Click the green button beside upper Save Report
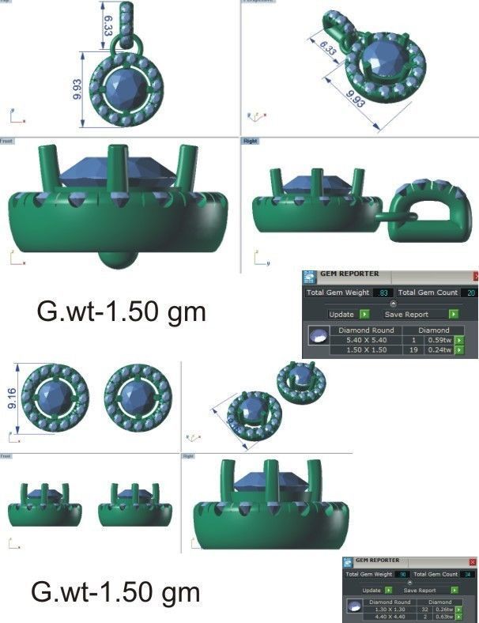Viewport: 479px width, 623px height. (x=453, y=314)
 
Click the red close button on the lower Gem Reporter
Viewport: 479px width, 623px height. (x=473, y=561)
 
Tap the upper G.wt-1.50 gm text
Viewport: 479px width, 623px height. (x=121, y=311)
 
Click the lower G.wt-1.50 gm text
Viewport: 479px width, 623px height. (x=115, y=591)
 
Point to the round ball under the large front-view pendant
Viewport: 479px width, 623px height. (x=115, y=260)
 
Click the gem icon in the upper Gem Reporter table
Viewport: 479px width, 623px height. (x=319, y=336)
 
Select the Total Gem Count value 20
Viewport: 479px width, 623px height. (x=470, y=293)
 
